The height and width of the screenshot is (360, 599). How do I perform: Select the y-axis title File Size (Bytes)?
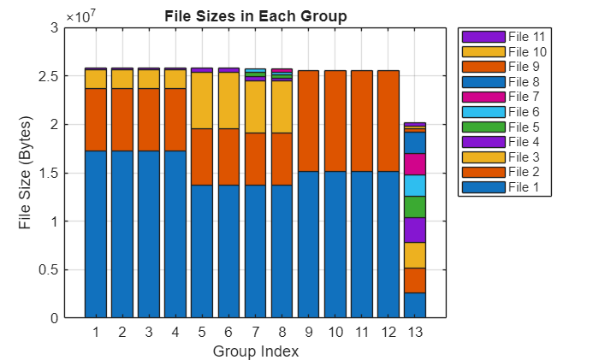(x=27, y=173)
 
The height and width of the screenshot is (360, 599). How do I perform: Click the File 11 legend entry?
(x=505, y=37)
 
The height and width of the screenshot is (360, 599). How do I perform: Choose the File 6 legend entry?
(x=505, y=112)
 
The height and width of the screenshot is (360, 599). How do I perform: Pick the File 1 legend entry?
(x=505, y=187)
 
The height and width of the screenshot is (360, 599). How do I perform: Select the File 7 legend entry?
(x=505, y=97)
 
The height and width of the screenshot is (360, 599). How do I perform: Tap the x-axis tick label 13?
(x=415, y=331)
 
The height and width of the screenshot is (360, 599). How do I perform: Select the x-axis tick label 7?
(x=255, y=331)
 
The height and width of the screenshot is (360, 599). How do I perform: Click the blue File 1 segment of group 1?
(x=95, y=233)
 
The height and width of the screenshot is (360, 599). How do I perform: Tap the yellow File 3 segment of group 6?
(x=228, y=100)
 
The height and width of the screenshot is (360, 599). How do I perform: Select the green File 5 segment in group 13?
(x=415, y=207)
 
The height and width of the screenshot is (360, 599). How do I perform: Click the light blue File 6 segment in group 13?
(x=415, y=186)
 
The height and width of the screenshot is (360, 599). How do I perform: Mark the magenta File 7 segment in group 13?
(x=415, y=164)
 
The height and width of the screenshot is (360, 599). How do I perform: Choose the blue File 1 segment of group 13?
(x=415, y=304)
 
